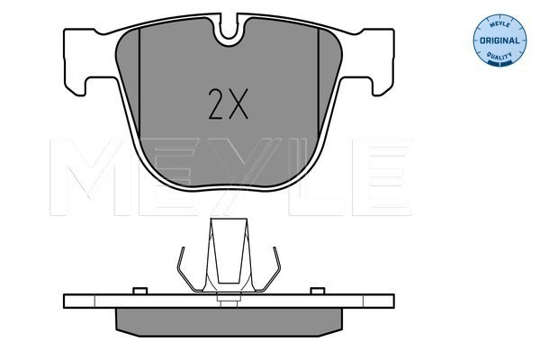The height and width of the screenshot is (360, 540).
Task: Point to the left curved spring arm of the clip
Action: click(x=184, y=270)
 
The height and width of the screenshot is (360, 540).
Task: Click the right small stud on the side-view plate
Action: click(x=317, y=290)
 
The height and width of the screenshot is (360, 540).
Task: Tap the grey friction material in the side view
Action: click(x=231, y=319)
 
